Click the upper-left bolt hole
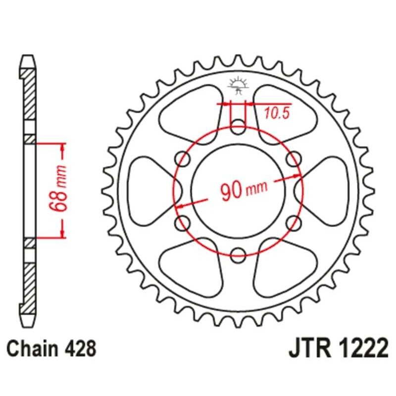coord(183,157)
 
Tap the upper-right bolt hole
coord(293,157)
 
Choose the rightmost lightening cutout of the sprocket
coord(327,189)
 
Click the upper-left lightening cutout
coord(191,111)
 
